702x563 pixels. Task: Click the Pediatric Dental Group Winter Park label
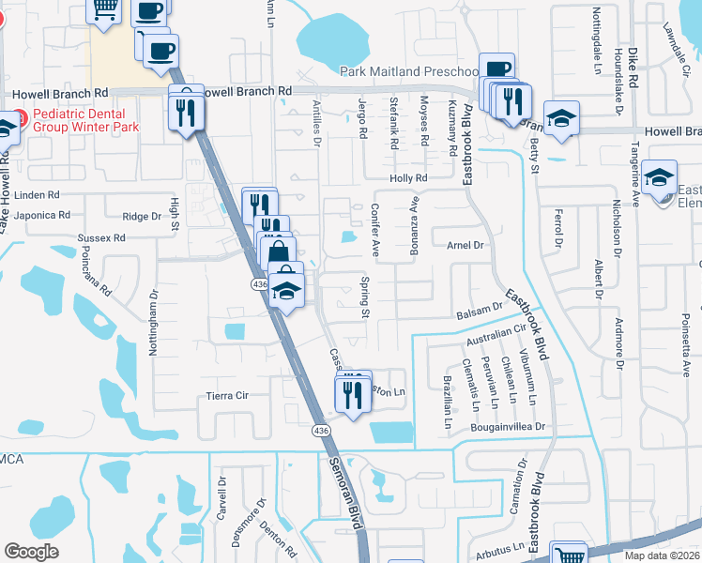[85, 120]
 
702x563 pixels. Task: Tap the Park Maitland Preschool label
[408, 71]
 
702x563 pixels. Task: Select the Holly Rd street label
[408, 178]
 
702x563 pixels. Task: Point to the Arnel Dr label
[464, 245]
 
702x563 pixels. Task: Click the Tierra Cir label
[227, 396]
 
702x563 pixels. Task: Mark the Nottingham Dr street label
[154, 321]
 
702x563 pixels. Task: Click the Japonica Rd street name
[38, 215]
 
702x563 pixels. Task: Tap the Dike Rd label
[633, 69]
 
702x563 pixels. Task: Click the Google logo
[31, 552]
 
